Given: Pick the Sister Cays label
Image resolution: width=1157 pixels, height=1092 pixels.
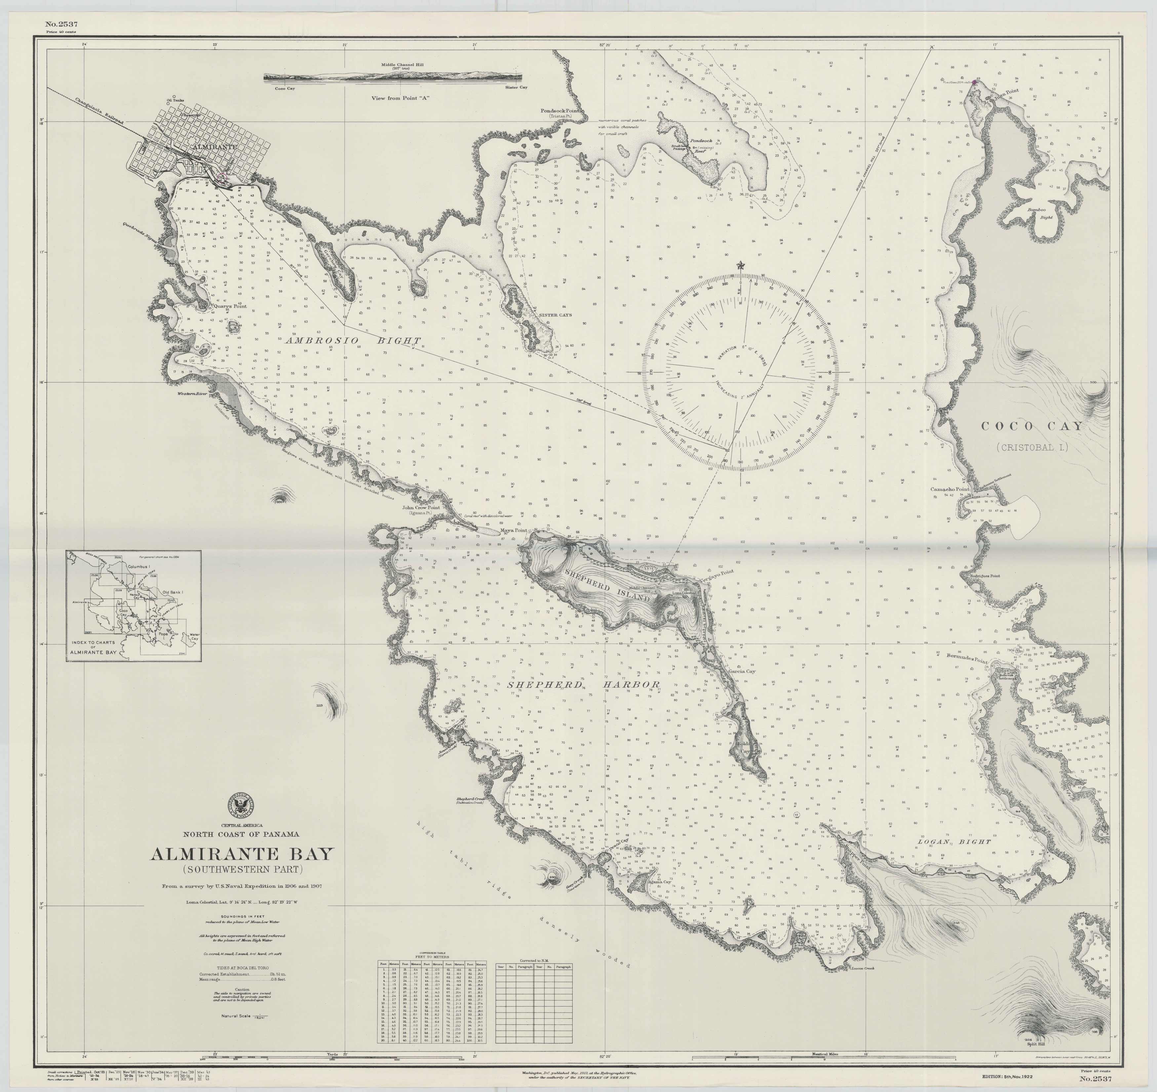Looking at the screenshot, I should click(x=555, y=315).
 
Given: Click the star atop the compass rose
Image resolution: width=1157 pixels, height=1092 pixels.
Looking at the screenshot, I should click(x=740, y=266).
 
